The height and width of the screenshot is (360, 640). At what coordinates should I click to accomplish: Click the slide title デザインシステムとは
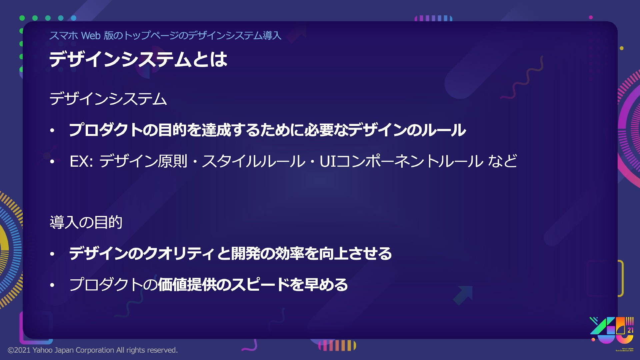coord(138,59)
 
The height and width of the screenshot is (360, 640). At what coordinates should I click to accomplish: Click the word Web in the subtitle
coord(91,35)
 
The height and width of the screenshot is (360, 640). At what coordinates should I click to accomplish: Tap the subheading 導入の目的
coord(86,222)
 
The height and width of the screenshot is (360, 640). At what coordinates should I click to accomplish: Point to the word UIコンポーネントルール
coord(401,161)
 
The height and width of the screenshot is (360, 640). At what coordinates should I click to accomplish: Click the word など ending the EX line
coord(503,161)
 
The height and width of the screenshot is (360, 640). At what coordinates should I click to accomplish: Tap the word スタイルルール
coord(254,161)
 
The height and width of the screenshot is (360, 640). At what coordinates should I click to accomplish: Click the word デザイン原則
coord(143,161)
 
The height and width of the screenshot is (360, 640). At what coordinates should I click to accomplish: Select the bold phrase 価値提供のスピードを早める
coord(253,285)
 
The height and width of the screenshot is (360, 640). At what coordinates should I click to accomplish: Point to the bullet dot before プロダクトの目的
coord(52,131)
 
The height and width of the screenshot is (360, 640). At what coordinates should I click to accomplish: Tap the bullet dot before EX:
coord(52,162)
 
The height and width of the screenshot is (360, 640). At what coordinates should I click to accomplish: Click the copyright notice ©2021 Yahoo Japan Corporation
coord(93,350)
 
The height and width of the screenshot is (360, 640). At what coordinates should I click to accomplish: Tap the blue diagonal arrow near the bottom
coord(463,295)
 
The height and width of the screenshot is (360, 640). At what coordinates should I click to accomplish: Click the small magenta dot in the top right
coord(591,17)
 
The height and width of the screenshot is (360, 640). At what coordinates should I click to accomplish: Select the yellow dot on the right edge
coord(621,48)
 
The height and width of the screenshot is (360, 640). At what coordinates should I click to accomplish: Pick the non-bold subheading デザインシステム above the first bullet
coord(108,99)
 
